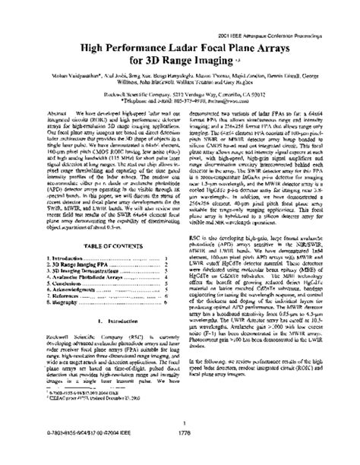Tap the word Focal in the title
(x=227, y=47)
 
